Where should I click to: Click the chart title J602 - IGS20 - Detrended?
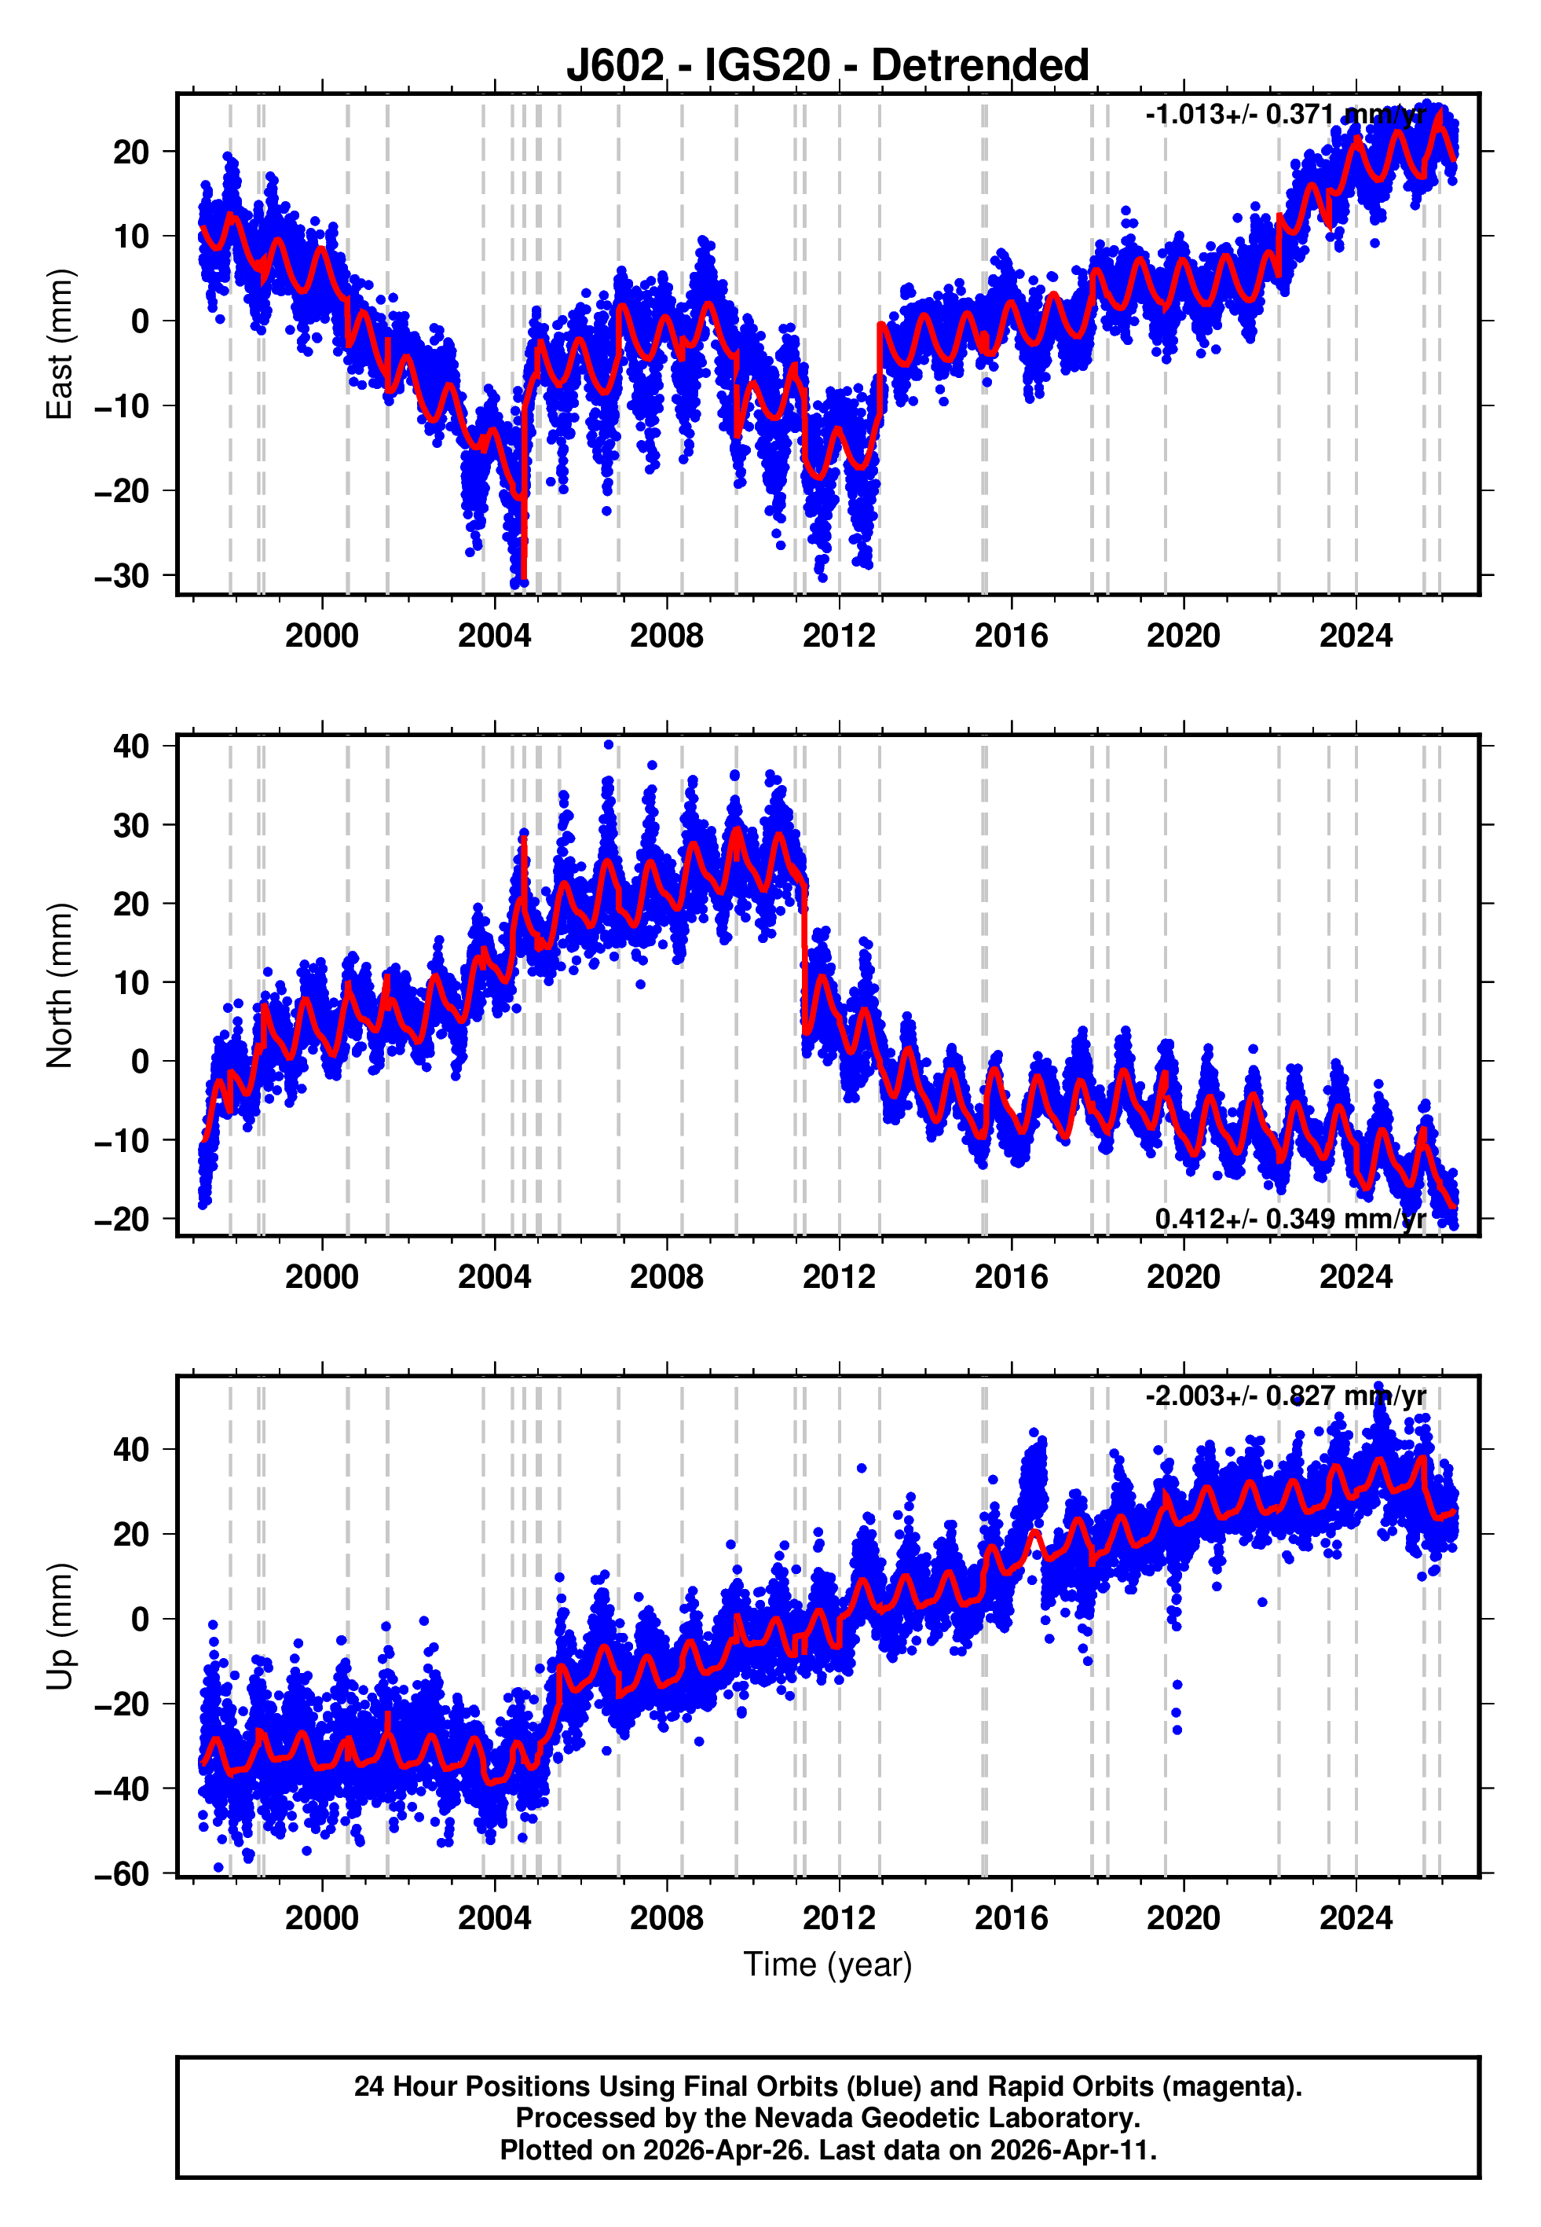[x=828, y=66]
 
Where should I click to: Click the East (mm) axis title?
[x=59, y=344]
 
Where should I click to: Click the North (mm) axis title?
[x=59, y=985]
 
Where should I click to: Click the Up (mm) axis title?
[x=59, y=1627]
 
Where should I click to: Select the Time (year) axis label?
[x=828, y=1965]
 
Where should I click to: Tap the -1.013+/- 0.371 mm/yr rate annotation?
[x=1285, y=114]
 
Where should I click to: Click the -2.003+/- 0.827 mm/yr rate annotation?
[x=1285, y=1396]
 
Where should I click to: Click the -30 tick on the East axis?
[x=122, y=577]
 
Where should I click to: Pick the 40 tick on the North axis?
[x=131, y=747]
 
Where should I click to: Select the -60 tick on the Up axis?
[x=122, y=1874]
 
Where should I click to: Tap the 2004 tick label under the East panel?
[x=494, y=637]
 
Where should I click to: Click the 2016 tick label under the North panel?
[x=1011, y=1278]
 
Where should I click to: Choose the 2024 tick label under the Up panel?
[x=1356, y=1919]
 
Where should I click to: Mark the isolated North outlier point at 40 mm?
[x=608, y=745]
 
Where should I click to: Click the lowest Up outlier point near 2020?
[x=1177, y=1730]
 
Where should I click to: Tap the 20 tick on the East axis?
[x=131, y=152]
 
